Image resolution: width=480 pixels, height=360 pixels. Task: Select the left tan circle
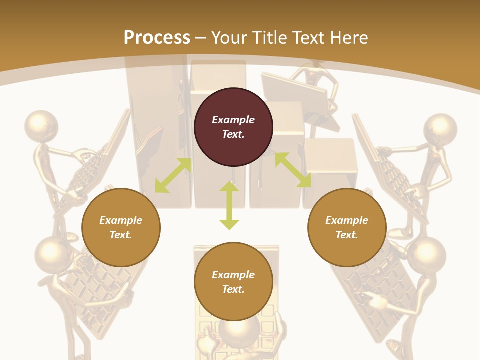[x=121, y=227]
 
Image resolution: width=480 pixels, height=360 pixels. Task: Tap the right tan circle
[x=347, y=227]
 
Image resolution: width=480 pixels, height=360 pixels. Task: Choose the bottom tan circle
[x=233, y=282]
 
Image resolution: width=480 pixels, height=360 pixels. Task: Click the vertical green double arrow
[x=229, y=205]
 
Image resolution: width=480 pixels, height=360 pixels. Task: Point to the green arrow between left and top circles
[x=173, y=175]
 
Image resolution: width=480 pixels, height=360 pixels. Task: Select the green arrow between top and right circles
[x=293, y=170]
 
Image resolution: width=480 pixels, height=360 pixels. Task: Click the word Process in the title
[x=157, y=37]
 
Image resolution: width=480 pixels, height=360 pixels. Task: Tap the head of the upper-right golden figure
[x=440, y=130]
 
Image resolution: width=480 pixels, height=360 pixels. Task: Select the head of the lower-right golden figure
[x=426, y=254]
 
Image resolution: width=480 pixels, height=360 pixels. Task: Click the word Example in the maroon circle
[x=233, y=120]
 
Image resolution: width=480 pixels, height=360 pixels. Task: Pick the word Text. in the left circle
[x=121, y=235]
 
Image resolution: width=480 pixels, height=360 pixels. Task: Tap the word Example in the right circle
[x=347, y=220]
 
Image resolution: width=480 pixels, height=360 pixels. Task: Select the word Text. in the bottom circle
[x=233, y=289]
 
